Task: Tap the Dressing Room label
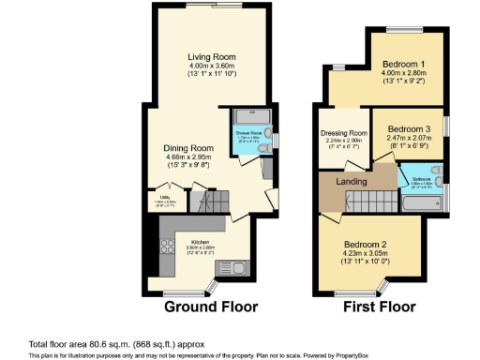(x=342, y=134)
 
